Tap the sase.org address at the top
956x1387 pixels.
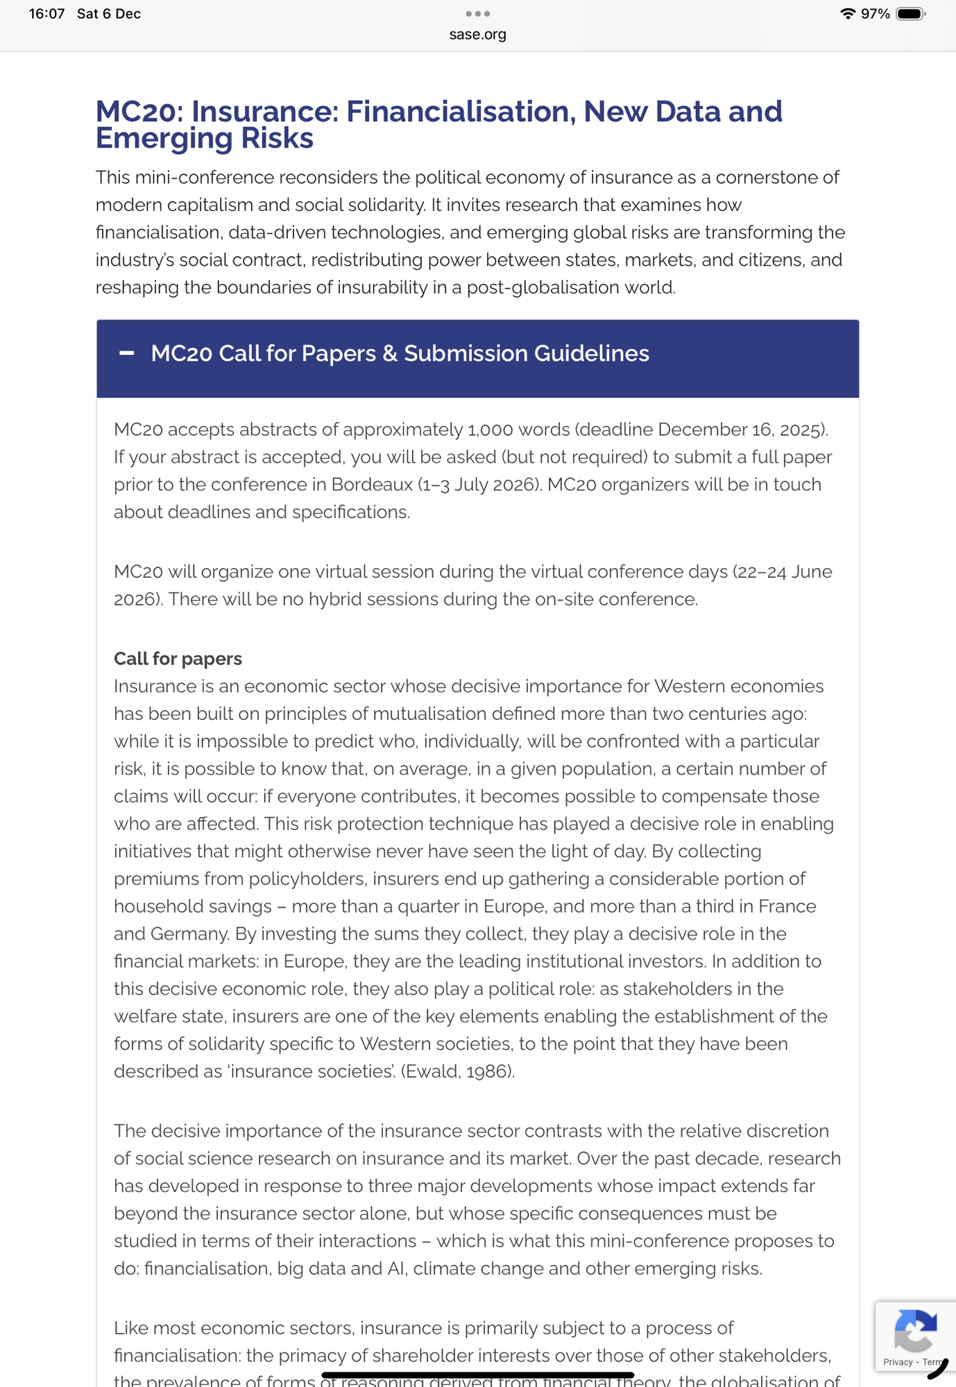477,34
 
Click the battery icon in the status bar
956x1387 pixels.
910,14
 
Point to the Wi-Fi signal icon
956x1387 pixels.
847,14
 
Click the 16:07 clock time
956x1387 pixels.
46,14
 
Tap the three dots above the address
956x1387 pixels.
477,14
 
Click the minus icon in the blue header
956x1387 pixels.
126,353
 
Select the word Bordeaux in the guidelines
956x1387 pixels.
372,484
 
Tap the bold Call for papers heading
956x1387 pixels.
178,658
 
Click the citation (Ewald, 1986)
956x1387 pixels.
458,1071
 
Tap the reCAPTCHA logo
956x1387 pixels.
915,1330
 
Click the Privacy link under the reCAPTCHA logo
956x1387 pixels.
898,1362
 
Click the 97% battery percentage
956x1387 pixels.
875,14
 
